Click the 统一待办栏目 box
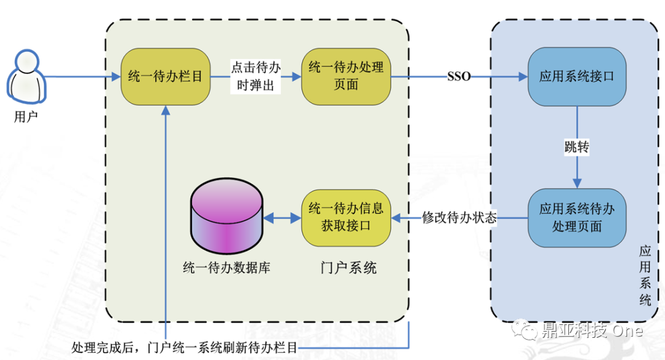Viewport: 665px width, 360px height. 166,77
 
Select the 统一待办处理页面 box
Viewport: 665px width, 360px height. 346,77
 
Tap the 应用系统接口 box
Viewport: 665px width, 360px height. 577,77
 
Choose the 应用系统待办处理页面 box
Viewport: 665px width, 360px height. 577,218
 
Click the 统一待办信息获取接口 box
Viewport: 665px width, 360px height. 346,217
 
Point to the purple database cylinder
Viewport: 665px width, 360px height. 227,216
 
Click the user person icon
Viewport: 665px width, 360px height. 26,77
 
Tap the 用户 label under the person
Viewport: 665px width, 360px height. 26,116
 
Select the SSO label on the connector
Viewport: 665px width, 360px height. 459,77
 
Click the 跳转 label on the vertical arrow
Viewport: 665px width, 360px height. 577,147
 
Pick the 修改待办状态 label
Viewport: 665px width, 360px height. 459,218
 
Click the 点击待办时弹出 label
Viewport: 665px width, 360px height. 256,76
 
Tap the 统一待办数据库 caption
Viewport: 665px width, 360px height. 227,268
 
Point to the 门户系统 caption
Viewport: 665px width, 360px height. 349,268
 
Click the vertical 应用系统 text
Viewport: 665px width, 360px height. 645,276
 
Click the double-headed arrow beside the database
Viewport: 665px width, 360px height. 283,218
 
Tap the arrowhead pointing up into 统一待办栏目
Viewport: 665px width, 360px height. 166,110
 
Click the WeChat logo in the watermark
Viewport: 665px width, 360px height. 524,329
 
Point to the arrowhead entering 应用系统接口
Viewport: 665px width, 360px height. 523,77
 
